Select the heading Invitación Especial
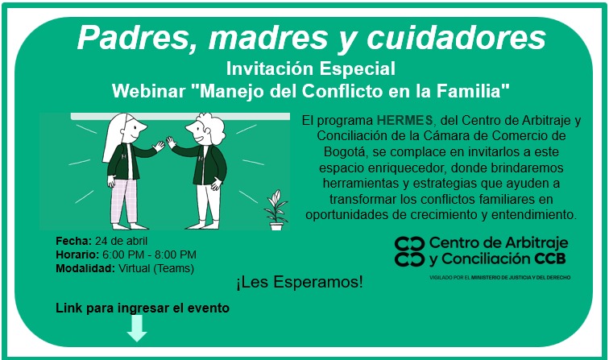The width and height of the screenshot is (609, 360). pyautogui.click(x=310, y=65)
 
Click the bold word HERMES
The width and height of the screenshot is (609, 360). pyautogui.click(x=400, y=120)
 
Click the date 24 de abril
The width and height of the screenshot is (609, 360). pyautogui.click(x=122, y=241)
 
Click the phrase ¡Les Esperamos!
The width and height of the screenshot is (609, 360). pyautogui.click(x=300, y=283)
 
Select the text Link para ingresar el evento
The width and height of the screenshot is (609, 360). pyautogui.click(x=143, y=308)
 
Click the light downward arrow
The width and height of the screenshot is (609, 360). pyautogui.click(x=137, y=328)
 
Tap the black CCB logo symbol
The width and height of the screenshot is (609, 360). pyautogui.click(x=409, y=252)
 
